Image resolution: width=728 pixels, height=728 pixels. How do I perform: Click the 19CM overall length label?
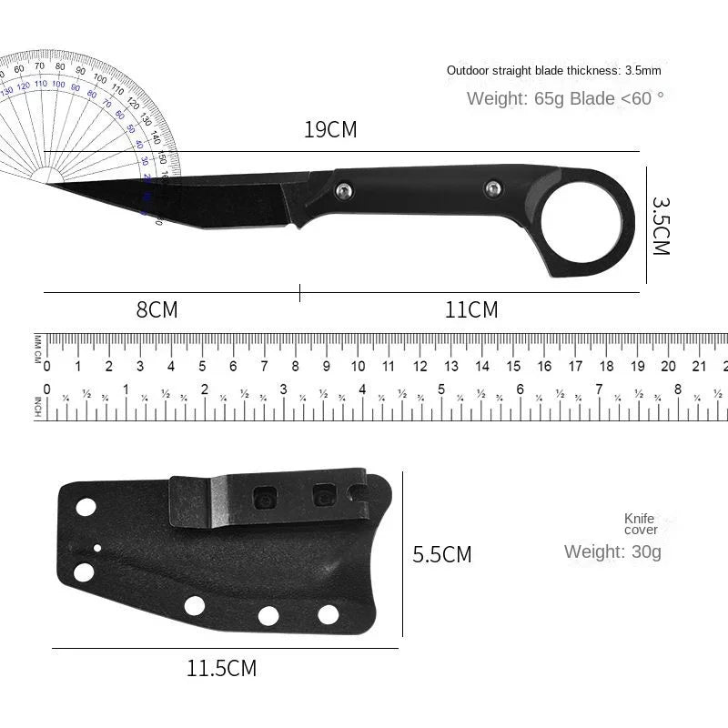click(x=330, y=130)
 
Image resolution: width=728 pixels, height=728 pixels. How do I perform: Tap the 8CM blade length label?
click(x=157, y=310)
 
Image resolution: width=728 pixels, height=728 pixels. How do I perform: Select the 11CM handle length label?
click(x=471, y=310)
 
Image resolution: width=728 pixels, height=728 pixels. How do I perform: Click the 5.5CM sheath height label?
click(x=442, y=554)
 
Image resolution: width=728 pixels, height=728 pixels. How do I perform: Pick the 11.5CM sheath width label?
click(x=222, y=669)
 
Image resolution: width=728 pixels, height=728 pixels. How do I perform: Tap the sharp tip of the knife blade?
click(x=49, y=184)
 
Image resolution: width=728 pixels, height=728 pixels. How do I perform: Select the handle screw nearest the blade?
click(x=343, y=189)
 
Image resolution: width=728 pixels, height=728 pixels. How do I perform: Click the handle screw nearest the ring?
click(x=492, y=187)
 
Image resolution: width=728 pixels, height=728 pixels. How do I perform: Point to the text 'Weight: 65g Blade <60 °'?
click(x=565, y=98)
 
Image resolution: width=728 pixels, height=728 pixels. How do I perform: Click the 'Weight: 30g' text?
click(x=612, y=551)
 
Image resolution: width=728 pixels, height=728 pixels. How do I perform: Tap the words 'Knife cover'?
click(x=640, y=524)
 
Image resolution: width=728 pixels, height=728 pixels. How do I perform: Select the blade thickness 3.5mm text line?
click(x=553, y=70)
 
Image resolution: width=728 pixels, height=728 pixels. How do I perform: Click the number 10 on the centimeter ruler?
click(x=358, y=367)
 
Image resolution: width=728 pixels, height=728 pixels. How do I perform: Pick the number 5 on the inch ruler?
click(x=440, y=389)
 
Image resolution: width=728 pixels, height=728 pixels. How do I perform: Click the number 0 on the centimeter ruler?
click(x=47, y=367)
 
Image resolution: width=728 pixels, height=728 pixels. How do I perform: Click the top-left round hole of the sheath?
click(x=86, y=507)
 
